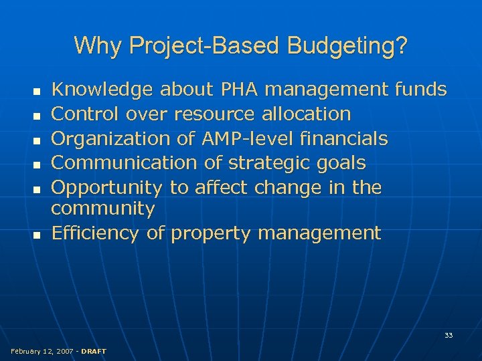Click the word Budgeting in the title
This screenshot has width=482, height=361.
click(x=347, y=46)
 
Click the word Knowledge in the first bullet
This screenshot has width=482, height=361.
click(x=102, y=90)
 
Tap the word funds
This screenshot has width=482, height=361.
click(x=421, y=89)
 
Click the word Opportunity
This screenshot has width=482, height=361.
click(x=106, y=188)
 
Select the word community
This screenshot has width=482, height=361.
click(x=103, y=209)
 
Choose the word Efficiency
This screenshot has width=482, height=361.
click(x=95, y=233)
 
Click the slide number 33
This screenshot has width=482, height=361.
click(x=449, y=335)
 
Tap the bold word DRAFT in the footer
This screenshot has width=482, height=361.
click(x=93, y=351)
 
